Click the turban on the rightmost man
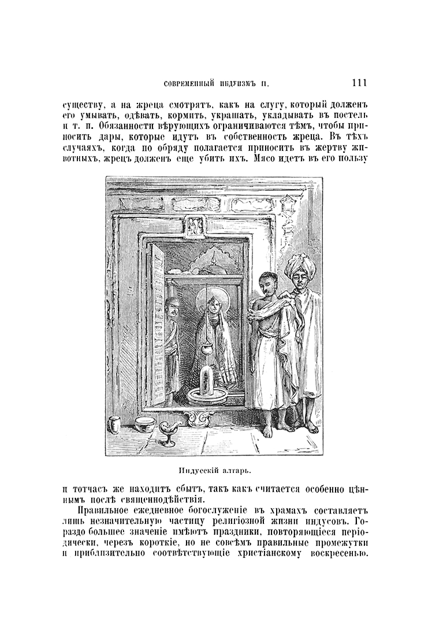coord(299,266)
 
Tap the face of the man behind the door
coord(170,308)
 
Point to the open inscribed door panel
coord(156,324)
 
